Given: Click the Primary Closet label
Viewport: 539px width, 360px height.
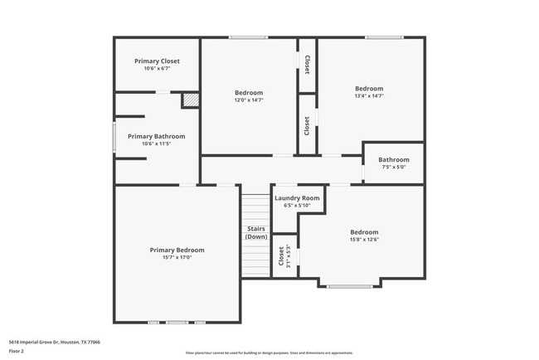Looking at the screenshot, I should pyautogui.click(x=157, y=61).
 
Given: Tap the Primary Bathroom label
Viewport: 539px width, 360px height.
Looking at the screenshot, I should pyautogui.click(x=156, y=136).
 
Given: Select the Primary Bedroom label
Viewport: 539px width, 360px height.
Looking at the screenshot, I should pyautogui.click(x=177, y=250).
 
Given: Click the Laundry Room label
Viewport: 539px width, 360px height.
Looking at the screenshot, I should pyautogui.click(x=297, y=198).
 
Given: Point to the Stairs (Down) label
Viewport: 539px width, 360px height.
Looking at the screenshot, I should pyautogui.click(x=256, y=232).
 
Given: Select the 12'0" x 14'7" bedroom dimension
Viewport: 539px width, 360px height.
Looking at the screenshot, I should pyautogui.click(x=249, y=100).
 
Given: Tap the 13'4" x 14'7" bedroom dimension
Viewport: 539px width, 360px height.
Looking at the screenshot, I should pyautogui.click(x=369, y=96).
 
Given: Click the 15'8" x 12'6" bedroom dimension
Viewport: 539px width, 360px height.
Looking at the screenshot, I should pyautogui.click(x=364, y=240).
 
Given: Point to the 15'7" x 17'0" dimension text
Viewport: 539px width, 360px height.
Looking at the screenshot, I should pyautogui.click(x=177, y=257).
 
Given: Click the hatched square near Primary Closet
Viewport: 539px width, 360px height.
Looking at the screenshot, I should pyautogui.click(x=191, y=100).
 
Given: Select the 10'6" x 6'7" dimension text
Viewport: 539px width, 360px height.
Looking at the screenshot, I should pyautogui.click(x=157, y=69).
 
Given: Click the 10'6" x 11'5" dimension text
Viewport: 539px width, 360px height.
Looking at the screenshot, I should pyautogui.click(x=156, y=144).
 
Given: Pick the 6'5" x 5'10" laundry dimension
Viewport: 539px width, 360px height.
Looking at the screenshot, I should pyautogui.click(x=297, y=206).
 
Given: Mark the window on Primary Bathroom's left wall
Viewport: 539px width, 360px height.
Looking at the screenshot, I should pyautogui.click(x=114, y=138).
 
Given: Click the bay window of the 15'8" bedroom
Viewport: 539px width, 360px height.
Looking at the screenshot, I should pyautogui.click(x=349, y=286).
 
